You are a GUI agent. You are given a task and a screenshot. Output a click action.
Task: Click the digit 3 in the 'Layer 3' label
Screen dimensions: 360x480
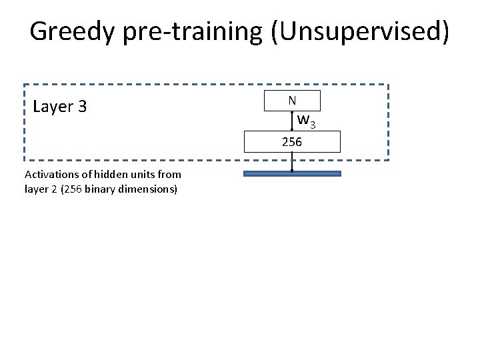click(x=83, y=107)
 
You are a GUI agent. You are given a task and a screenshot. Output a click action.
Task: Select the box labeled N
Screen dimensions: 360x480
click(x=292, y=101)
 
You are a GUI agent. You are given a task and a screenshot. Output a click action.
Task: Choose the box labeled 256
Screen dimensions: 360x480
click(x=292, y=141)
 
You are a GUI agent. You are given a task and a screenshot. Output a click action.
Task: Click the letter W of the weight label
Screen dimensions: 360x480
click(x=304, y=121)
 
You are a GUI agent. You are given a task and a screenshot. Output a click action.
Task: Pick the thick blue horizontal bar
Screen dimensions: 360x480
click(x=292, y=173)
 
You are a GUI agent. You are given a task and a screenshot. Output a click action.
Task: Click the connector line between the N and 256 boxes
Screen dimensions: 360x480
click(x=292, y=121)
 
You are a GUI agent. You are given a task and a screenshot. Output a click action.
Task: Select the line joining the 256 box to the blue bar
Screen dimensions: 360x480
click(x=292, y=162)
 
